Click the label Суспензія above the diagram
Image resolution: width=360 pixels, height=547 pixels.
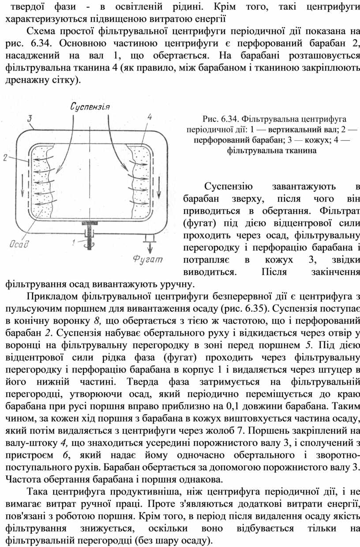(90, 106)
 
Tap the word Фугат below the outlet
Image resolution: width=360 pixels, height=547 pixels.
(148, 259)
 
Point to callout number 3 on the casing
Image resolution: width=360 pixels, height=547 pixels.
(29, 119)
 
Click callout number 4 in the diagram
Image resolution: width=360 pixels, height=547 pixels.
(150, 117)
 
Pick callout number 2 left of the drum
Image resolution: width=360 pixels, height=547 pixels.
(5, 158)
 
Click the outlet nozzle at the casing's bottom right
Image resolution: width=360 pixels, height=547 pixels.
(149, 238)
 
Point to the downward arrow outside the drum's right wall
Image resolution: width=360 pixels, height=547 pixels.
(159, 189)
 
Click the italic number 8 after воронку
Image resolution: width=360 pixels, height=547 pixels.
(96, 321)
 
